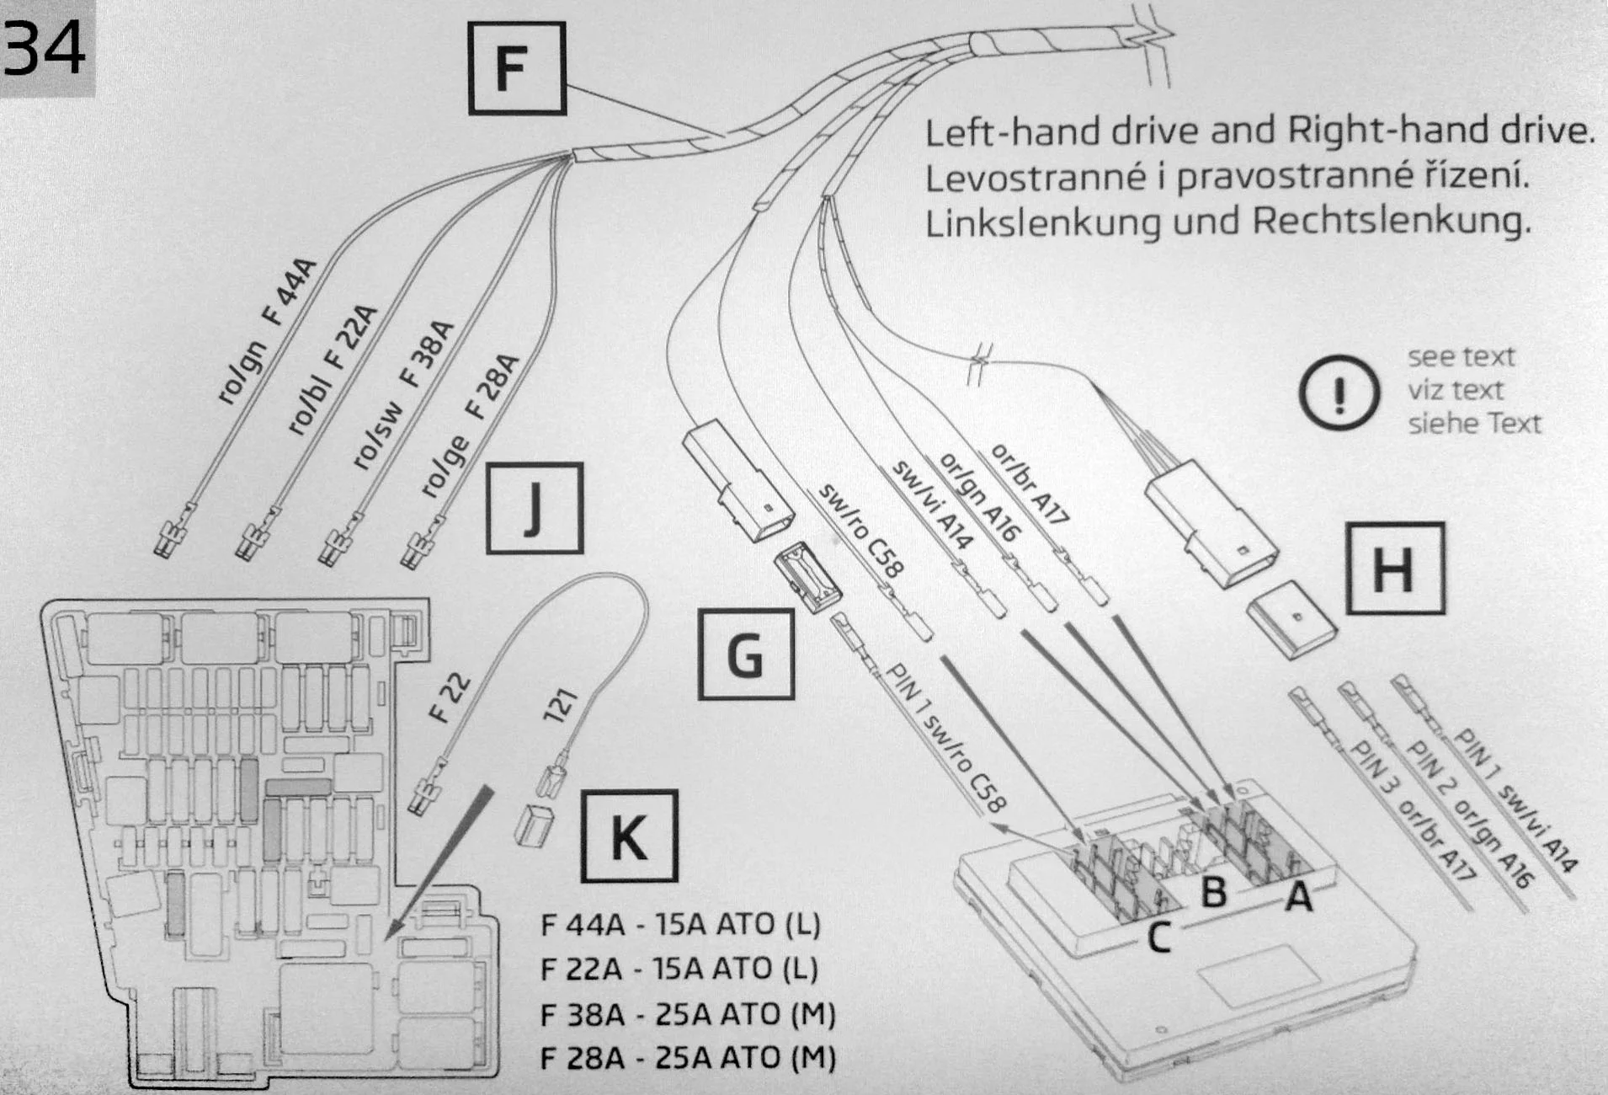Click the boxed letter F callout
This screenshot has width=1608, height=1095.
coord(516,68)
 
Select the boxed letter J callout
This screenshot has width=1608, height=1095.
coord(535,509)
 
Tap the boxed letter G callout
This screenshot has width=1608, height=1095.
coord(746,654)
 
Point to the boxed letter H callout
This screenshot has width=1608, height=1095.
coord(1395,568)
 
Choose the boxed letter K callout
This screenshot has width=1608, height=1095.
coord(629,836)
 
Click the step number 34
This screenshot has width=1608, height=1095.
coord(45,47)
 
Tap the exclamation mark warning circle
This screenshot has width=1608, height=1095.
coord(1339,393)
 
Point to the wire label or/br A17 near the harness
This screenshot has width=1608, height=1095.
coord(1029,484)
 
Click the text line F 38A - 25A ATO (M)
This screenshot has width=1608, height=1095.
coord(687,1014)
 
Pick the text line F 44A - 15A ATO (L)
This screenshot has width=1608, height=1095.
coord(679,925)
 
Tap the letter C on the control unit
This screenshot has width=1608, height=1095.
coord(1159,937)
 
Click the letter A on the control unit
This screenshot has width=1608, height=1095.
coord(1297,897)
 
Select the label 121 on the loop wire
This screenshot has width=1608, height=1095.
coord(561,705)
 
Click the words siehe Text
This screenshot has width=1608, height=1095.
coord(1474,423)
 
